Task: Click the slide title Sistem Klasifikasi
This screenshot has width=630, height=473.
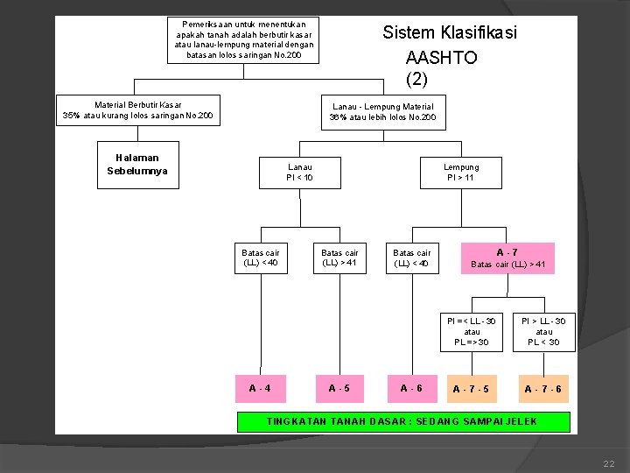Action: [x=450, y=32]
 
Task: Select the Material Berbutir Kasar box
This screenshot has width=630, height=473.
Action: [x=138, y=109]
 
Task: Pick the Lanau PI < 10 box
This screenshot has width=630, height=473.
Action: [x=300, y=173]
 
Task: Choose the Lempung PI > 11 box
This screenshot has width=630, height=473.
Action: [x=461, y=173]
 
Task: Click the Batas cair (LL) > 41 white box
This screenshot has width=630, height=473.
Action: [x=339, y=258]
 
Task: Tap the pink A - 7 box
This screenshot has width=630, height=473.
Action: [x=507, y=258]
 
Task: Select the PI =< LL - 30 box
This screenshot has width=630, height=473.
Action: [x=472, y=331]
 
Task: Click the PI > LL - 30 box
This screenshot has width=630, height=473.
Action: [x=543, y=331]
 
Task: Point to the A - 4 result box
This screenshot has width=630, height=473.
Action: [x=260, y=388]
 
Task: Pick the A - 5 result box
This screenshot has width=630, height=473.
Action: [x=339, y=388]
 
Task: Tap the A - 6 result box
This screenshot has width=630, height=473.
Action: [x=411, y=388]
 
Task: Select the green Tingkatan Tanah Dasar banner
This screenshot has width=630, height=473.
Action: [x=403, y=422]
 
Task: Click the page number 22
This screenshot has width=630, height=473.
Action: [x=609, y=462]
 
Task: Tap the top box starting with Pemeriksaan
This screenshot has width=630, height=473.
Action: [x=244, y=40]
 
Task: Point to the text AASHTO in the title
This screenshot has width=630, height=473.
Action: [x=442, y=58]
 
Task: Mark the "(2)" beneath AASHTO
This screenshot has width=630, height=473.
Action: [x=416, y=79]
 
